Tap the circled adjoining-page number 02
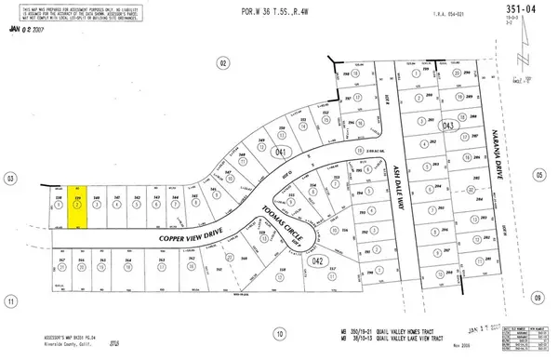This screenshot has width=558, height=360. pos(222,62)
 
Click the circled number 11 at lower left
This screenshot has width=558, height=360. pos(10,301)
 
